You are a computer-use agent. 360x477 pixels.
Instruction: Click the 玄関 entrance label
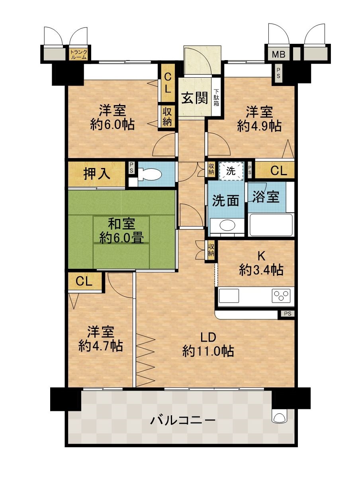196,98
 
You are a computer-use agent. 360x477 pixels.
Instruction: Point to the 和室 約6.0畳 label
121,231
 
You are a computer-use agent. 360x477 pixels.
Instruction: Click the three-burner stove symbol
282,296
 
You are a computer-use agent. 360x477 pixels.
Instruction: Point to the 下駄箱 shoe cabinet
216,98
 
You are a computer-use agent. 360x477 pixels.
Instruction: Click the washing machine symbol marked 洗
231,170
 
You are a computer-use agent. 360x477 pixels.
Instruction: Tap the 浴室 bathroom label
267,197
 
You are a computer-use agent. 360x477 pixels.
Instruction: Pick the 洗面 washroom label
225,200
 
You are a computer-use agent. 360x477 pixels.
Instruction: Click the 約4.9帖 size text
259,126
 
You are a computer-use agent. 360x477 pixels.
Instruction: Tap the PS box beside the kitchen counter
287,314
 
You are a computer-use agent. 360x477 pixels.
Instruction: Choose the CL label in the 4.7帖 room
84,282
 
